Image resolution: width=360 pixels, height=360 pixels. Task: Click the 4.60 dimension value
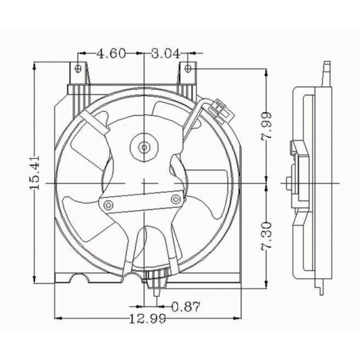[x=111, y=53]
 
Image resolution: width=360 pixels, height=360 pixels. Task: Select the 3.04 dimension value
[x=165, y=53]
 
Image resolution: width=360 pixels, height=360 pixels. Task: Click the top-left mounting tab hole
[x=77, y=68]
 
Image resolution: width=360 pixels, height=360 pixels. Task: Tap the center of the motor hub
[x=144, y=146]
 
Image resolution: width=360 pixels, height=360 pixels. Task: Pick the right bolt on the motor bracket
[x=175, y=199]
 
